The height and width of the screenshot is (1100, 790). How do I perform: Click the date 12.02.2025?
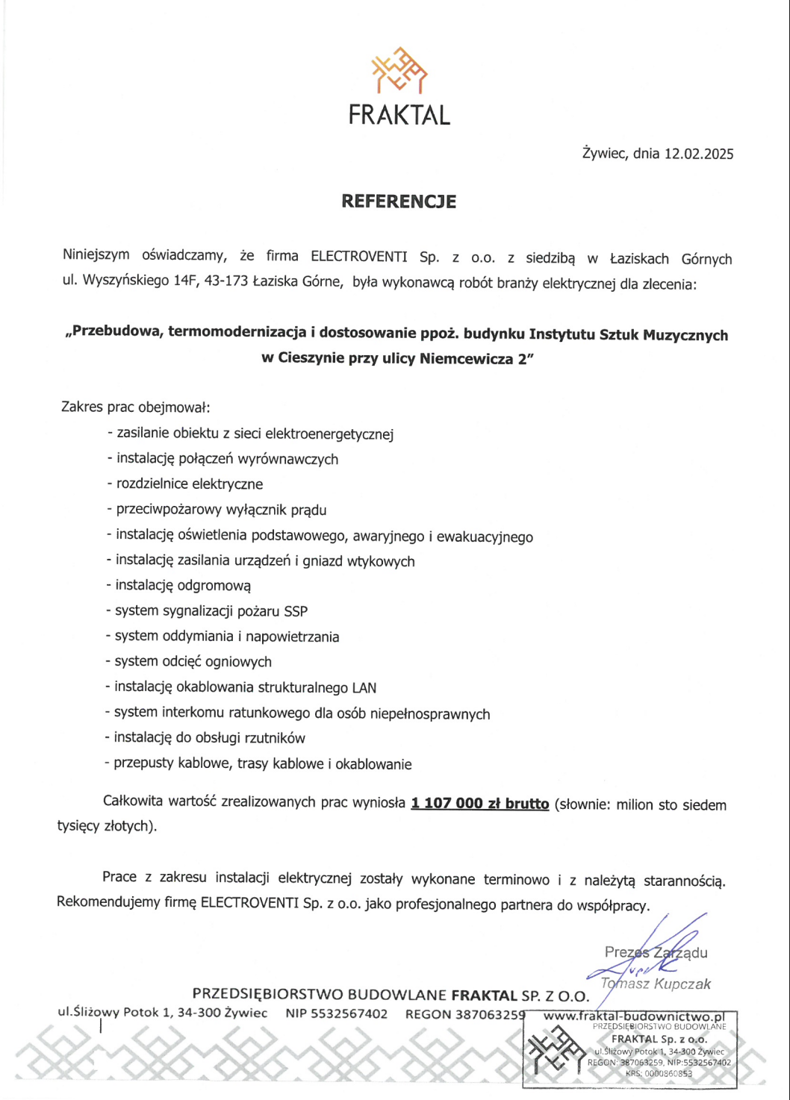point(699,154)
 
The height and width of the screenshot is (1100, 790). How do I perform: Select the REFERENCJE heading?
point(399,201)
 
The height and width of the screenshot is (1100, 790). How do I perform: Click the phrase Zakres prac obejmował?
point(135,407)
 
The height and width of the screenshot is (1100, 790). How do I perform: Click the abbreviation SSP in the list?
point(296,611)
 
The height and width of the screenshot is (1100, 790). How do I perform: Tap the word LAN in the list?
point(364,687)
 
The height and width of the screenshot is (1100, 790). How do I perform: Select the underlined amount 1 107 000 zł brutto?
point(479,804)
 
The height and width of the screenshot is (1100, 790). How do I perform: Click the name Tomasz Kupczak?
point(656,984)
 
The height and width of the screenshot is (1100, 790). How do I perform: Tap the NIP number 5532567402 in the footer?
point(337,1013)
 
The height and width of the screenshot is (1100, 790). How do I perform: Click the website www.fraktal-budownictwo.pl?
point(633,1016)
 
